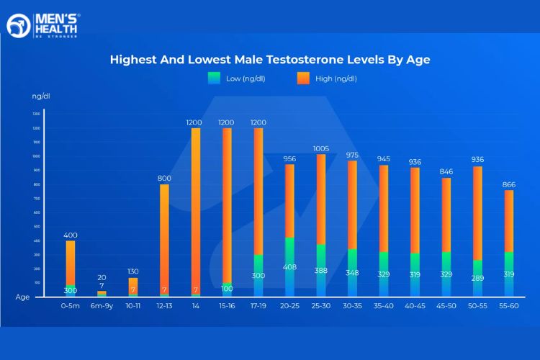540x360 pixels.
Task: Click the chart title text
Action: [x=270, y=60]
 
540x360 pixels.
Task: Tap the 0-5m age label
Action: [x=70, y=305]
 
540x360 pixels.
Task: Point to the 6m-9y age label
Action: [x=102, y=305]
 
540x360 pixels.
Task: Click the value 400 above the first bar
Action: [x=70, y=235]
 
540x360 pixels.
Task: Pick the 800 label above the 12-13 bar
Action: [x=164, y=178]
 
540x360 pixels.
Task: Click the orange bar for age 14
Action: [x=195, y=209]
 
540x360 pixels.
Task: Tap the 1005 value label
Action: [x=321, y=148]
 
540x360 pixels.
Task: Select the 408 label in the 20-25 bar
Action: [x=289, y=267]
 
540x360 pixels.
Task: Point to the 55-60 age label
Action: [x=510, y=305]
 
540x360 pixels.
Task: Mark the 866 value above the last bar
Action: [x=509, y=184]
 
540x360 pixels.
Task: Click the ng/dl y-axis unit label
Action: [x=41, y=95]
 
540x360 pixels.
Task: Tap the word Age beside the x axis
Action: [x=22, y=296]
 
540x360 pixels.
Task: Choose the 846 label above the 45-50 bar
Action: [x=446, y=172]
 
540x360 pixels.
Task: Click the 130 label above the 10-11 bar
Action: [x=132, y=271]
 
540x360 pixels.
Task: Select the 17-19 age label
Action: [x=258, y=305]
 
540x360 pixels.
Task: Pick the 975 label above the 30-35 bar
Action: [x=352, y=155]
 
